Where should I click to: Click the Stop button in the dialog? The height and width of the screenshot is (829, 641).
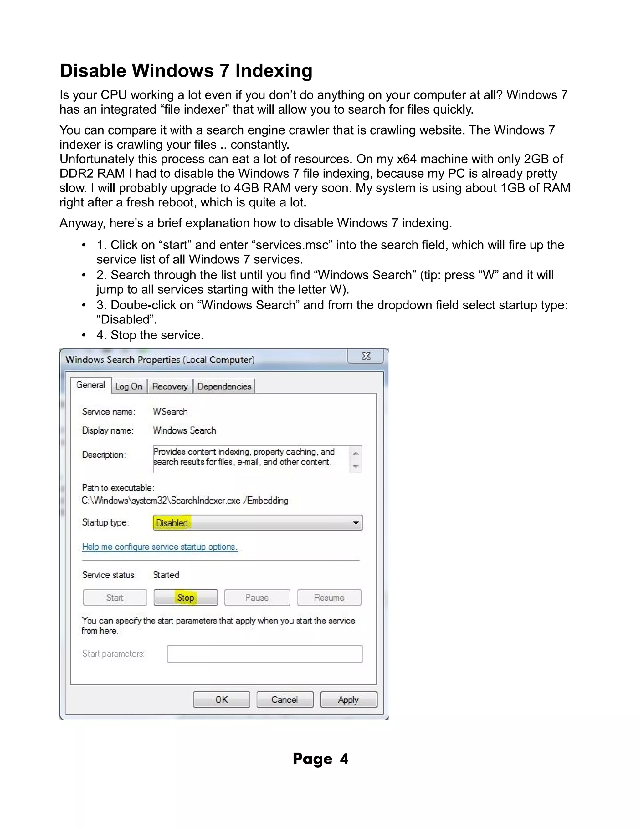click(x=185, y=598)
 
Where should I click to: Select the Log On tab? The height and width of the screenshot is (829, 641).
click(x=128, y=386)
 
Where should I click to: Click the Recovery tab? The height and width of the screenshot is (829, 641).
click(x=170, y=386)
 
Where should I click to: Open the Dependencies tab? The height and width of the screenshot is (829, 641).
click(x=224, y=386)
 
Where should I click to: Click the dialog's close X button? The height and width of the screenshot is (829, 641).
click(x=366, y=356)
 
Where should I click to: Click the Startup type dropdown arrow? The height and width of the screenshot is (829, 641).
click(x=356, y=523)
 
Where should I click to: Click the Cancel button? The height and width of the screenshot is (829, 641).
click(x=285, y=699)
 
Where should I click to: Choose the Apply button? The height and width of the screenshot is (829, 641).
click(x=348, y=699)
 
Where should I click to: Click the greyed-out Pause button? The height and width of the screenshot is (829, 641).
click(x=257, y=598)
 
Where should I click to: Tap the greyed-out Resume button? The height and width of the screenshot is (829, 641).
click(x=329, y=598)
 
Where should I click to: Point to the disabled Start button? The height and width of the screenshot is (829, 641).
click(x=115, y=598)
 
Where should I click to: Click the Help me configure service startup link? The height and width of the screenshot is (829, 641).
click(x=160, y=547)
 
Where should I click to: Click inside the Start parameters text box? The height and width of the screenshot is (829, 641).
click(x=264, y=654)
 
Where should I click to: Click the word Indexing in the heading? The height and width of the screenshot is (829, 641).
click(x=274, y=71)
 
